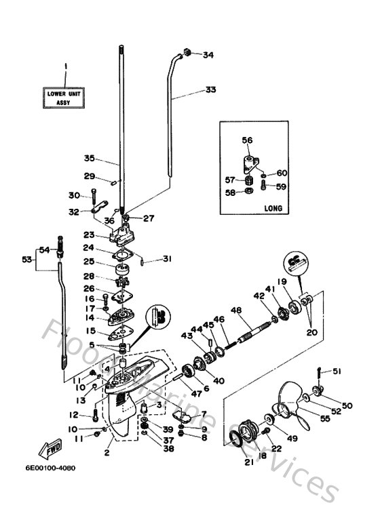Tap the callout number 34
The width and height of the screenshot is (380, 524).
[x=208, y=55]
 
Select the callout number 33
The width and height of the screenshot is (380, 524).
[x=210, y=89]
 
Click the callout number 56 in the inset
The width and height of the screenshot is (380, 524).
[x=247, y=140]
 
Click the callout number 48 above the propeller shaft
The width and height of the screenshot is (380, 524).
[x=235, y=310]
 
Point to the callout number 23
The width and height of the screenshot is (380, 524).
[x=88, y=235]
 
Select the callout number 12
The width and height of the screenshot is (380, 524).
[x=73, y=415]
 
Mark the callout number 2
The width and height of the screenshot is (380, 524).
[x=107, y=452]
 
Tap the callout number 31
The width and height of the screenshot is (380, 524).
[x=167, y=259]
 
